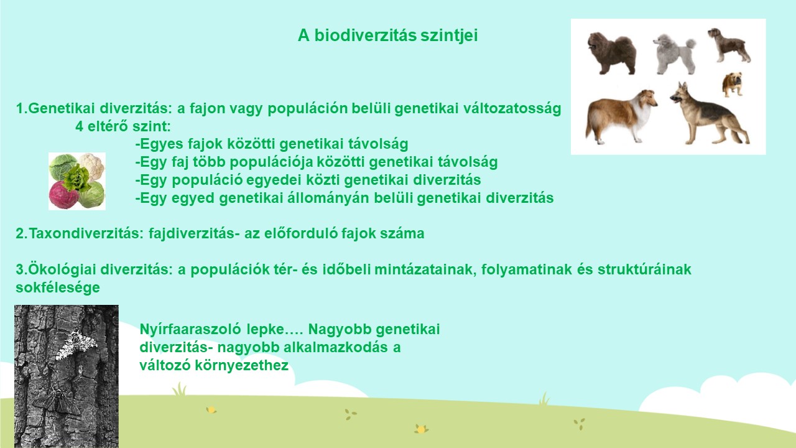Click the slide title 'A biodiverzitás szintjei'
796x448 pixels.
pos(387,35)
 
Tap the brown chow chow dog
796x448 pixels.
pos(611,54)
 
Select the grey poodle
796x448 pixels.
pos(674,54)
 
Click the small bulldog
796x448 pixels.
pos(733,84)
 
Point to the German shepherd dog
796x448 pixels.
pos(709,113)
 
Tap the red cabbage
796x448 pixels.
pos(63,195)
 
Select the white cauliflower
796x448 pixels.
pos(91,166)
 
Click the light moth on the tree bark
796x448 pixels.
pos(76,344)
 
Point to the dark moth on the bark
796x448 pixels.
pos(57,403)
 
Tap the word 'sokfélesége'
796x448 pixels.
pos(58,287)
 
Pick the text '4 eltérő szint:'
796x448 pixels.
pos(123,126)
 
